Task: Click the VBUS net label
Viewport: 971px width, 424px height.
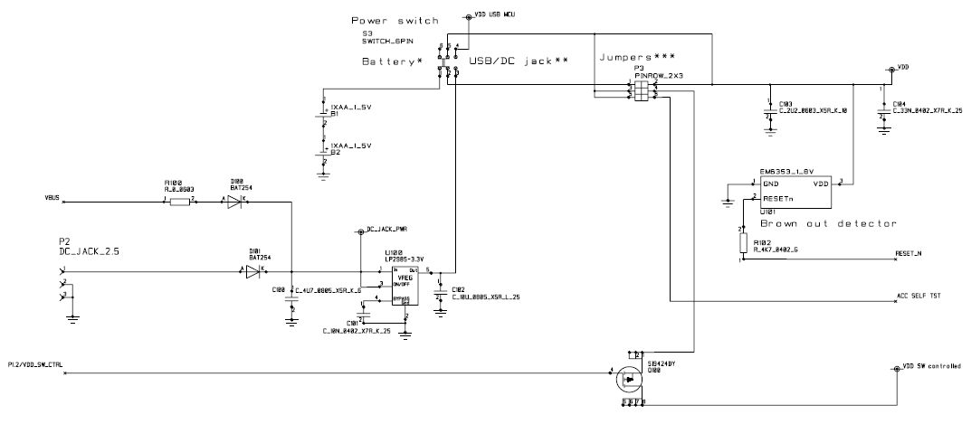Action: click(52, 195)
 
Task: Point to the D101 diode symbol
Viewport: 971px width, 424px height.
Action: click(254, 269)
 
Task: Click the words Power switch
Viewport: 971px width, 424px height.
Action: click(394, 20)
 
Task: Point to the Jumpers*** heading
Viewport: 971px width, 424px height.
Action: click(638, 56)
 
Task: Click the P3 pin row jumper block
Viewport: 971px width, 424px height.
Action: click(641, 91)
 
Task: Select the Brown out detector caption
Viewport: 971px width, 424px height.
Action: click(827, 223)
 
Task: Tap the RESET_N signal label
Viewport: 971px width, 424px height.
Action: click(908, 254)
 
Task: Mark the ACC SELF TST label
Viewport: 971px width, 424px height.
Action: click(916, 297)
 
